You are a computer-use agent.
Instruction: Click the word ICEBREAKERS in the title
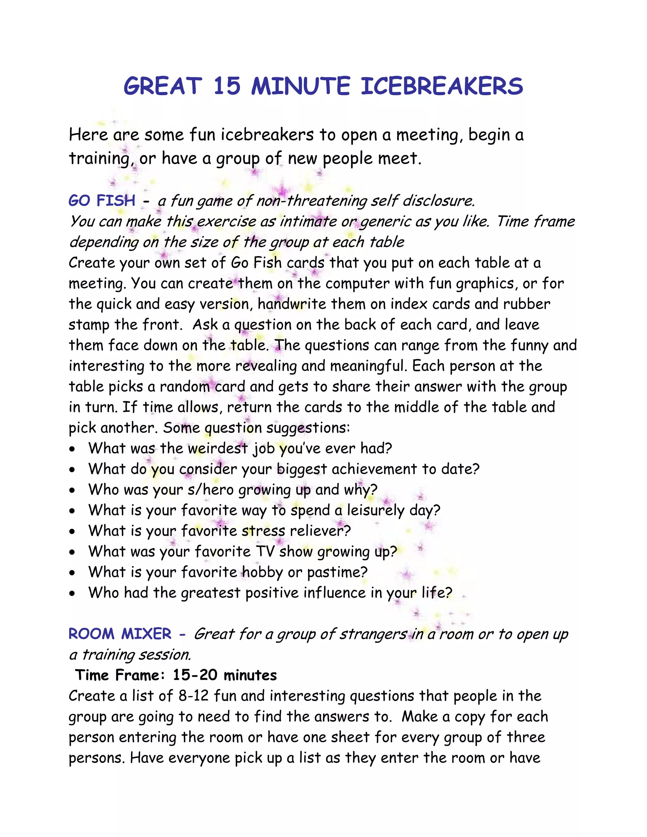pos(442,86)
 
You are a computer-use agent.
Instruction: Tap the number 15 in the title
pos(227,86)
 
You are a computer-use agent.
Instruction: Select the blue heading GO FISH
pos(102,201)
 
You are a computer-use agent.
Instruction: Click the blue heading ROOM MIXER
pos(120,634)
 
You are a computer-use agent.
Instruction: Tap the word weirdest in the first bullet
pos(218,449)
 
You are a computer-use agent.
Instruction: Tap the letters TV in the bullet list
pos(265,552)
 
